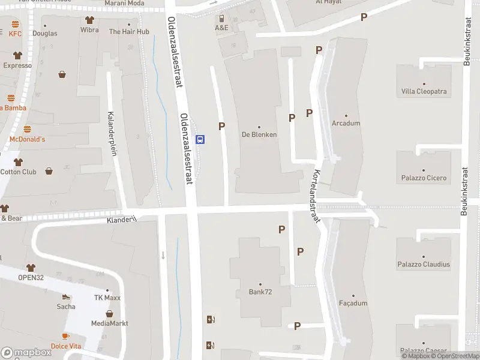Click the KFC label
pyautogui.click(x=15, y=34)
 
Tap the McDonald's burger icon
pyautogui.click(x=27, y=130)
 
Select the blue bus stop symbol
pyautogui.click(x=201, y=140)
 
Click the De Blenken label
pyautogui.click(x=259, y=134)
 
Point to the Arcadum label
pyautogui.click(x=346, y=124)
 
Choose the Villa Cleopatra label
pyautogui.click(x=424, y=92)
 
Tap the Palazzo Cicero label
pyautogui.click(x=424, y=178)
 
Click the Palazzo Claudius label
pyautogui.click(x=424, y=264)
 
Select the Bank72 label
pyautogui.click(x=260, y=292)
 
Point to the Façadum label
pyautogui.click(x=353, y=304)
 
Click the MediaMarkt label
pyautogui.click(x=109, y=323)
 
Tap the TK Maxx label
pyautogui.click(x=107, y=298)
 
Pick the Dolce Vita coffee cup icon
pyautogui.click(x=65, y=337)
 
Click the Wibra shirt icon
pyautogui.click(x=89, y=20)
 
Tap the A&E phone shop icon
pyautogui.click(x=221, y=19)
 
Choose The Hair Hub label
pyautogui.click(x=129, y=31)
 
